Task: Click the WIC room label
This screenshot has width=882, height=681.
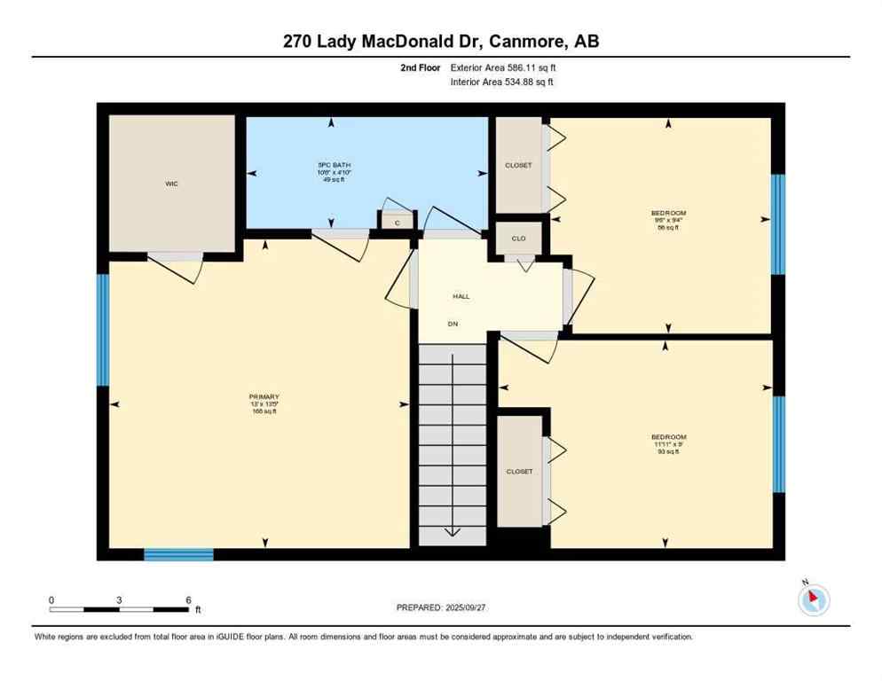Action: tap(171, 184)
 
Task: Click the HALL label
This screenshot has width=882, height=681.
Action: tap(460, 296)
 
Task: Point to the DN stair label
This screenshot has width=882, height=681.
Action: tap(453, 325)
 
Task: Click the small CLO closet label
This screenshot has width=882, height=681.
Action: tap(518, 238)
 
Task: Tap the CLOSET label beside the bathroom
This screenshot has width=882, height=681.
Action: tap(518, 165)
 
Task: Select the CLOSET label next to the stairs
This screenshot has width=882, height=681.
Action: tap(519, 472)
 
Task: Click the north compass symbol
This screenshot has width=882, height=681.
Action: tap(813, 600)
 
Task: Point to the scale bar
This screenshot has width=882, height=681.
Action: tap(120, 608)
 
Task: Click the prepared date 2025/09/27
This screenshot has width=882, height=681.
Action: tap(442, 607)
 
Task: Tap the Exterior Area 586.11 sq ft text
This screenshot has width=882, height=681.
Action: tap(503, 67)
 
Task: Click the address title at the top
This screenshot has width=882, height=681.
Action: tap(441, 41)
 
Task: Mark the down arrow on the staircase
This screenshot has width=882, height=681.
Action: tap(453, 530)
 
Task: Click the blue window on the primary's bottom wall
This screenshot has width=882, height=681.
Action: tap(178, 555)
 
